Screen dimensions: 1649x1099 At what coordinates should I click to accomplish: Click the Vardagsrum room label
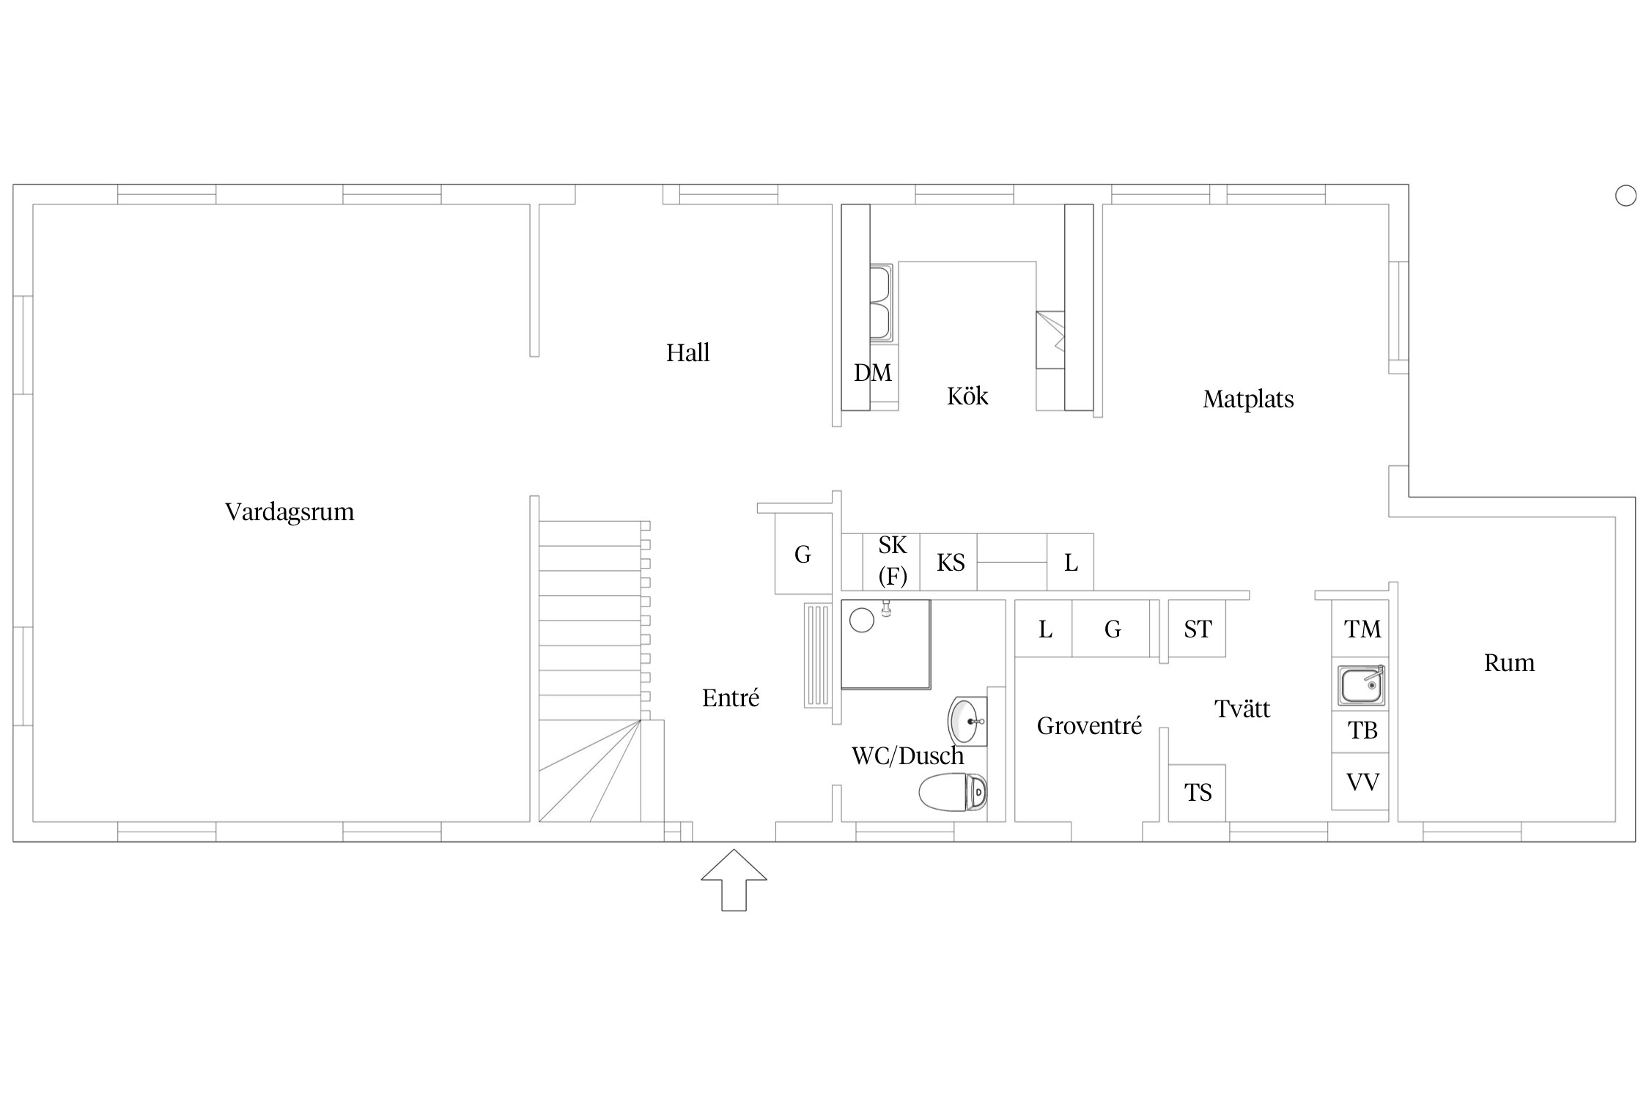pos(289,511)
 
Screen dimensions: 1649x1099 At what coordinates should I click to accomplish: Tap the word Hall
pos(687,352)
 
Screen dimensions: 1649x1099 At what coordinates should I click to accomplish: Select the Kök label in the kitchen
pos(967,396)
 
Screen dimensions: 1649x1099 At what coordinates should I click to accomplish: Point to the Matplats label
pos(1248,399)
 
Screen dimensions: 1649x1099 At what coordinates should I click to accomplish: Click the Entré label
pos(731,697)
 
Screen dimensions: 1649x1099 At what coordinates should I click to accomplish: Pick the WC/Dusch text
pos(908,755)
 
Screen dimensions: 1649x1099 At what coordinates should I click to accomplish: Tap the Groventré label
pos(1089,725)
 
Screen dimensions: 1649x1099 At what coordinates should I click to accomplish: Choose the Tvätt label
pos(1242,708)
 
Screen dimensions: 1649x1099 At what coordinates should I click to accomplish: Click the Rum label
pos(1509,662)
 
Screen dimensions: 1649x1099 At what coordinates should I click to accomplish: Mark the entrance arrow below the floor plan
pos(734,880)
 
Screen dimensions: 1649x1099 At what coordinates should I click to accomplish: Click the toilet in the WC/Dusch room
pos(953,792)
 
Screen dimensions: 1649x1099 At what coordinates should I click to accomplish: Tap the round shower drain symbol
pos(862,621)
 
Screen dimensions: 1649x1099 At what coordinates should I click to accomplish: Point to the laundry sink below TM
pos(1361,686)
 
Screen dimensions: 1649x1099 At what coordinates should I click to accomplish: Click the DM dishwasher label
pos(873,373)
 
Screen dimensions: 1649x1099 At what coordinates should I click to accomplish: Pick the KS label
pos(951,563)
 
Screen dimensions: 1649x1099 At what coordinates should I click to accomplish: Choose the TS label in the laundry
pos(1198,792)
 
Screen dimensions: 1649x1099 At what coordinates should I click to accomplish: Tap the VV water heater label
pos(1363,782)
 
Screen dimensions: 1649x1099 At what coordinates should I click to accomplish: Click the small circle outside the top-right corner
pos(1626,196)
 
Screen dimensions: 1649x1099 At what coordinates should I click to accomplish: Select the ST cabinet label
pos(1198,629)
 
